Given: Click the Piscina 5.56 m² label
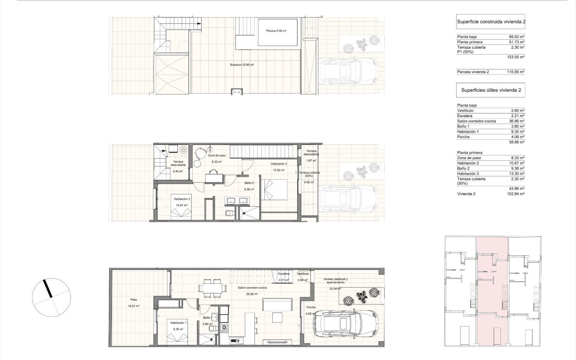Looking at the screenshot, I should [277, 30].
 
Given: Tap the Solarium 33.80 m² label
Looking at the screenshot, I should [242, 65].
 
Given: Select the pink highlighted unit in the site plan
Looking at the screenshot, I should [492, 292].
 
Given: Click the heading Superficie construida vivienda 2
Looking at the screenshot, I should [491, 21].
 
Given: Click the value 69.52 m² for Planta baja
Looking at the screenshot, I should [517, 37].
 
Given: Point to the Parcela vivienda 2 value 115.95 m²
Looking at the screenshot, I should [516, 72].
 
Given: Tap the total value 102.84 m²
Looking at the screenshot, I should [516, 194].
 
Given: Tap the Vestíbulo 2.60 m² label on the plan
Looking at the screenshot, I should [303, 277].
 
